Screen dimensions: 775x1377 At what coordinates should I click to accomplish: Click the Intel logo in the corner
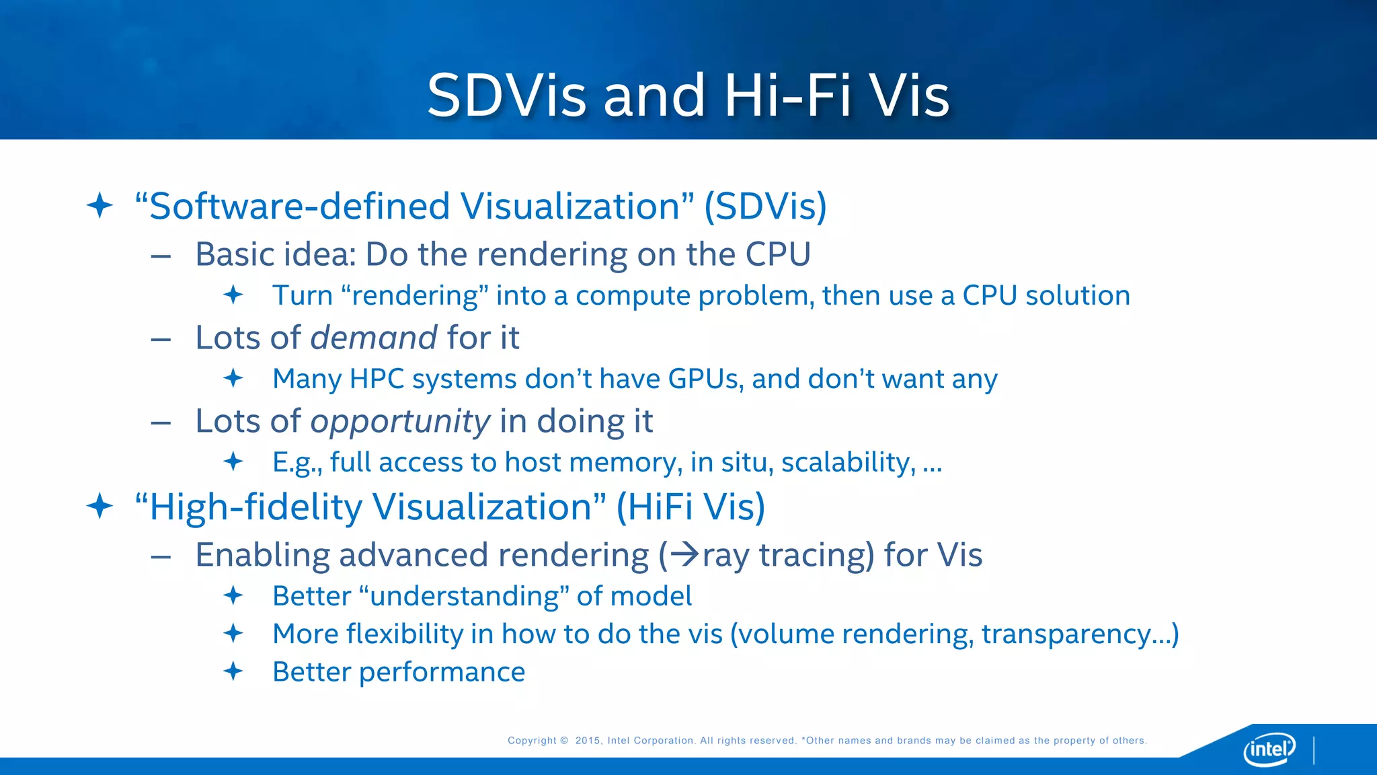click(1269, 748)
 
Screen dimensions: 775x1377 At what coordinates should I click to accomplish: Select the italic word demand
click(374, 338)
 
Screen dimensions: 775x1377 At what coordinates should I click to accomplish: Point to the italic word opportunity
click(400, 422)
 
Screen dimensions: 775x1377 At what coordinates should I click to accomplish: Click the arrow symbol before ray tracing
click(685, 555)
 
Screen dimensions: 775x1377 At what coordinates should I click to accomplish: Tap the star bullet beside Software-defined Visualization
click(100, 205)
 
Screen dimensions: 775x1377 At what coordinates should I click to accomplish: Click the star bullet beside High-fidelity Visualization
click(100, 506)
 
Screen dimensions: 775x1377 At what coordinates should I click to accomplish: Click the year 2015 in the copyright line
click(588, 741)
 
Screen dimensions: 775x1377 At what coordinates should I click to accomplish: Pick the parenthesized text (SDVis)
click(765, 206)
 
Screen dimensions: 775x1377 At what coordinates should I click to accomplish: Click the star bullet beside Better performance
click(233, 671)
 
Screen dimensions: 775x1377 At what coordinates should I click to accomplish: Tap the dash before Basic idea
click(161, 256)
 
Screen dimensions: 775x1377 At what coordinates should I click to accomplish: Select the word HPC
click(377, 379)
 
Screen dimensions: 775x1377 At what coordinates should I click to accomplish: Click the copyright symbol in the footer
click(563, 741)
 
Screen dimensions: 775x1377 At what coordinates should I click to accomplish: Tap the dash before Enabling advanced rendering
click(161, 557)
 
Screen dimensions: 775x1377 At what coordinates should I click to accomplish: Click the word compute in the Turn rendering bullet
click(633, 296)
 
